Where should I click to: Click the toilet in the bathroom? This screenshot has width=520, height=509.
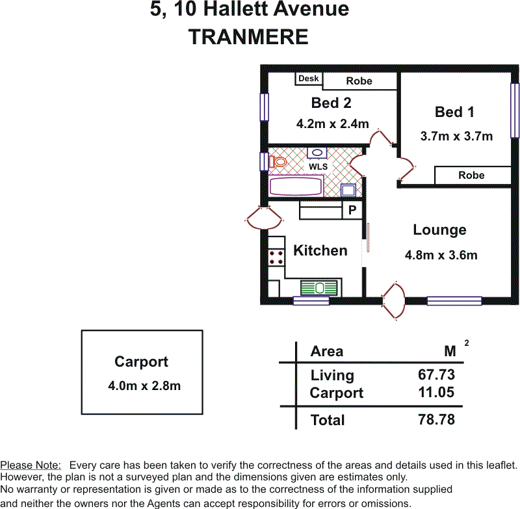tap(278, 162)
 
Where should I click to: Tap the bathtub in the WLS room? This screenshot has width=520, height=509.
tap(296, 186)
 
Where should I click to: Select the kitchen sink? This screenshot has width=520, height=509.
tap(319, 288)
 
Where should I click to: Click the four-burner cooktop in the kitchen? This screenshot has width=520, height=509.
tap(276, 257)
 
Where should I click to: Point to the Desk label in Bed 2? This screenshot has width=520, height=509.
tap(308, 78)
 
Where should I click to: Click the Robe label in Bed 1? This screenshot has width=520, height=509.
tap(471, 175)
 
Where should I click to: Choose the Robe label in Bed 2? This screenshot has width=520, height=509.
tap(359, 81)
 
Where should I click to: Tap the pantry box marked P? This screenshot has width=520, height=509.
tap(352, 210)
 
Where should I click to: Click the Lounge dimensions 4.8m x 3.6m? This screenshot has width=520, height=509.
tap(441, 255)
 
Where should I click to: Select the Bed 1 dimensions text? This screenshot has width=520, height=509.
tap(456, 136)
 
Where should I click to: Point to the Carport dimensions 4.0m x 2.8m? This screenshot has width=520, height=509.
tap(144, 385)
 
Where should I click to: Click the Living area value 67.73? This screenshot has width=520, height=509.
tap(436, 374)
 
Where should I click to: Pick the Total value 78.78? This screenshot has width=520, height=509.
tap(436, 419)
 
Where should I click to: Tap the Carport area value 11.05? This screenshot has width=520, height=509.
tap(436, 392)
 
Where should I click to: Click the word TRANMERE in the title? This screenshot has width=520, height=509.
tap(248, 36)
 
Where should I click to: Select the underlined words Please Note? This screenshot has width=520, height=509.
tap(31, 465)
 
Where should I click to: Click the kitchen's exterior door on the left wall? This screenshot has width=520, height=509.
tap(265, 218)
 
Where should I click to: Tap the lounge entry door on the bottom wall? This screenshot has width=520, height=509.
tap(394, 302)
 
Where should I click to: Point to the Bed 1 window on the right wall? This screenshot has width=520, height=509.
tap(515, 110)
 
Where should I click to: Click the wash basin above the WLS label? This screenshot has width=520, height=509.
tap(317, 153)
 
